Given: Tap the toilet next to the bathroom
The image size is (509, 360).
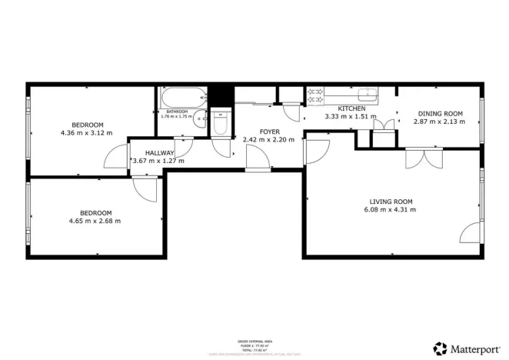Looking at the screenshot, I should (221, 125).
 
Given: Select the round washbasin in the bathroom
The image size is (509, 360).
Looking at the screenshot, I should (201, 119).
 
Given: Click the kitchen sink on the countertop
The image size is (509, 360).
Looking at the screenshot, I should (368, 95).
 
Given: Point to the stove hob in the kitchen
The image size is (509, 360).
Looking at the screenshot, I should (315, 96).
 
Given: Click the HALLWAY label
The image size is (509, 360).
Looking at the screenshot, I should (148, 152).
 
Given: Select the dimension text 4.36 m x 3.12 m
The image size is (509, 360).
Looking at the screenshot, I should (86, 132).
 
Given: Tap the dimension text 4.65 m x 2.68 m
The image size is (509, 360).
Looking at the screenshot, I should (95, 221).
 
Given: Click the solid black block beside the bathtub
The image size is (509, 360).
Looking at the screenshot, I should (222, 95).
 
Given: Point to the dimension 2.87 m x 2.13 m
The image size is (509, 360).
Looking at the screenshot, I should (439, 122).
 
